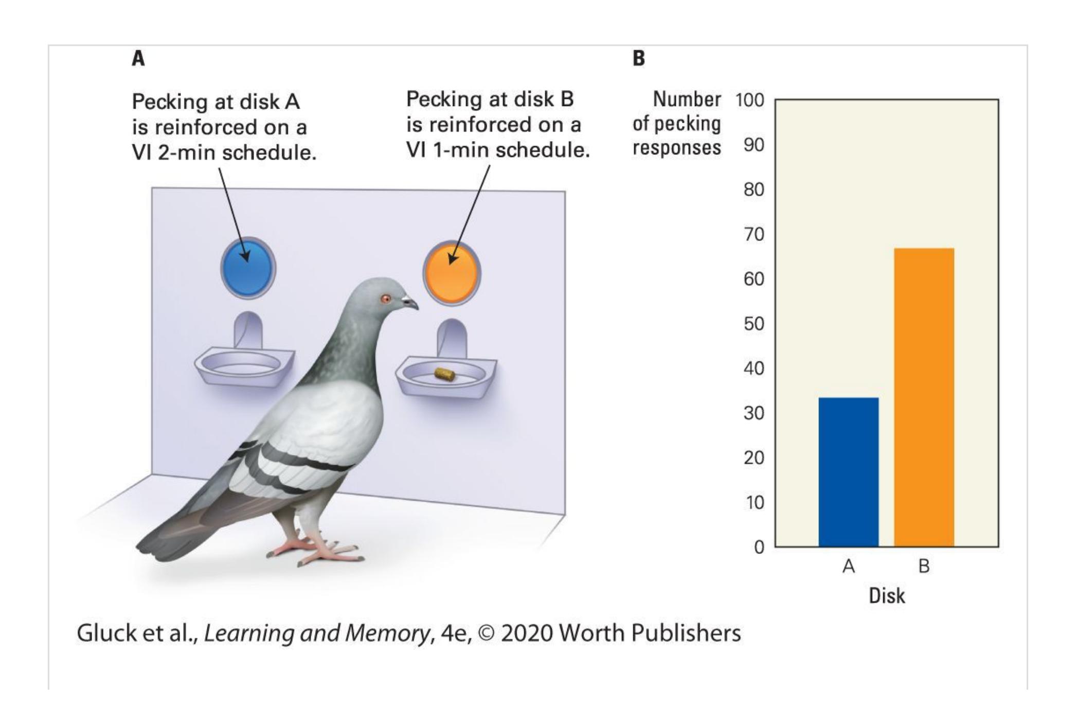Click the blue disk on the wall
(x=248, y=268)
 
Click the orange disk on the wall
(x=452, y=273)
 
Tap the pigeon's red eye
(x=385, y=299)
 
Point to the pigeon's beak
(x=411, y=303)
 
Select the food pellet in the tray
(x=444, y=374)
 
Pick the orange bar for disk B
(x=924, y=396)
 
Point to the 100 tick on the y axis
(x=749, y=100)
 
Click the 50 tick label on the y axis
(x=754, y=324)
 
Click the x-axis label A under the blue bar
(x=849, y=566)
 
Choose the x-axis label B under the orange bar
(x=924, y=566)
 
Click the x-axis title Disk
(x=887, y=595)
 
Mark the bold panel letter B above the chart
(x=638, y=59)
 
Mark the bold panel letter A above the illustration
(x=138, y=59)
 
